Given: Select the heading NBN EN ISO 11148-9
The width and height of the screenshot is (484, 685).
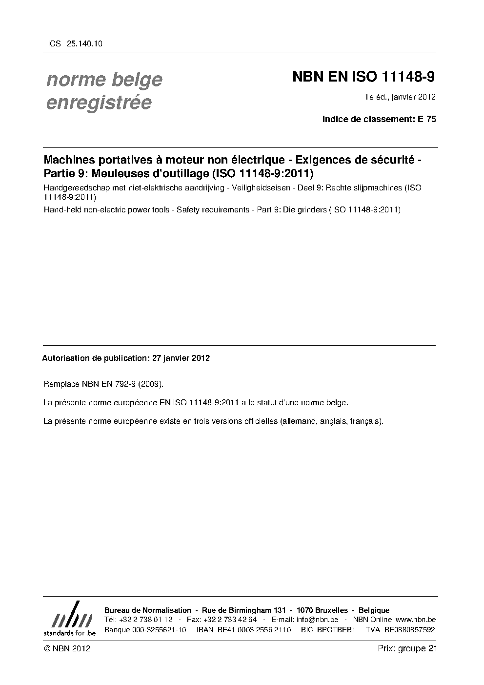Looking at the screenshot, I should (363, 77).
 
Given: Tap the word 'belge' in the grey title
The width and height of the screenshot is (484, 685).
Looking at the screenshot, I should (138, 80).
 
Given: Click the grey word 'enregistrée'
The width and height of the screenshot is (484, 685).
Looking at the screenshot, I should (99, 103).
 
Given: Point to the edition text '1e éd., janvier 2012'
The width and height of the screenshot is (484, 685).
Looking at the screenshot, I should (400, 97).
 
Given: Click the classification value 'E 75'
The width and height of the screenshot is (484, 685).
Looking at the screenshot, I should (427, 119).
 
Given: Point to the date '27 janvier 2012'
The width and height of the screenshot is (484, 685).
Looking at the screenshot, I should (181, 358).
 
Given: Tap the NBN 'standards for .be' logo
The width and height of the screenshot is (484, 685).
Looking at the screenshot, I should (70, 619).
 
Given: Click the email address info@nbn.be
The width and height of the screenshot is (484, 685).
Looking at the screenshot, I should (317, 620).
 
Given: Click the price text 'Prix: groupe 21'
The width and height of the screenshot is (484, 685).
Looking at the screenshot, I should (407, 649).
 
